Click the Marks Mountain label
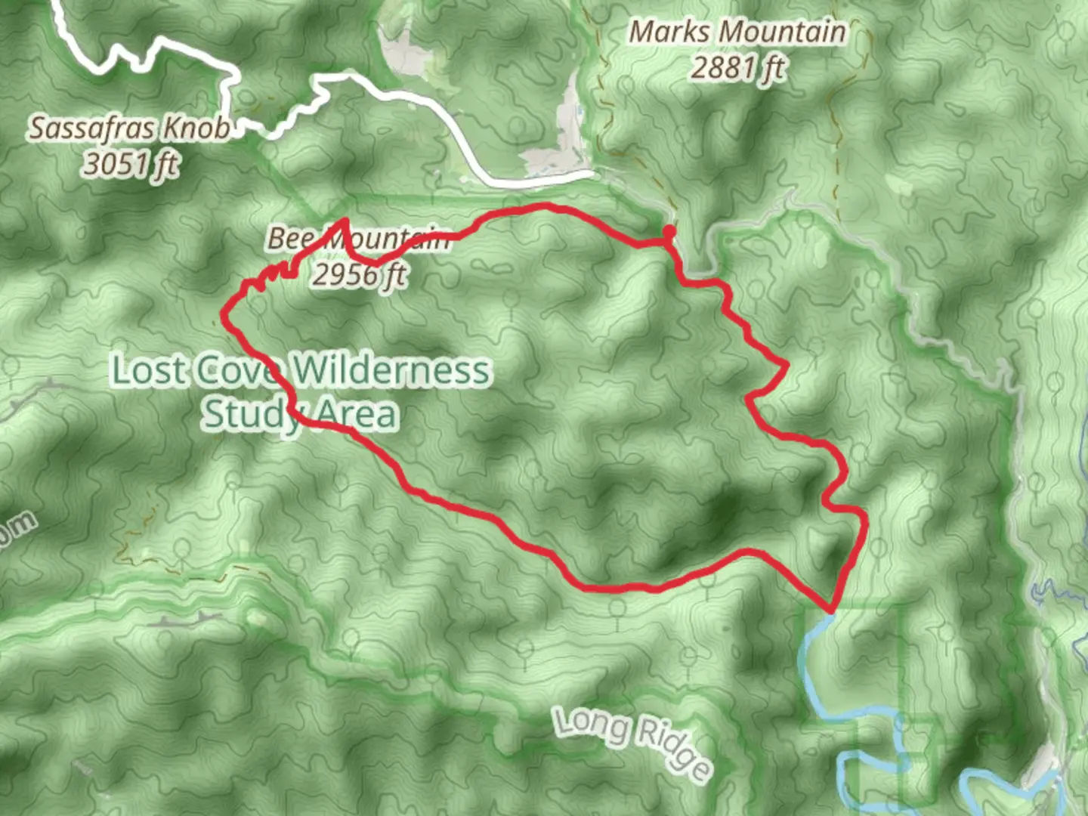pos(737,32)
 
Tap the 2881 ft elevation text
pos(737,68)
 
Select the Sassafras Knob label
pos(129,128)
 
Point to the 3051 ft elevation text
pos(130,163)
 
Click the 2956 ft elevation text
pos(359,274)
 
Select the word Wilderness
pos(391,370)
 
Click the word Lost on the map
pos(148,370)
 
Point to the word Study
pos(251,414)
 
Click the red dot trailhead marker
pos(669,231)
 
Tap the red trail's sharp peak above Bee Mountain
pos(345,221)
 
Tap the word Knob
pos(196,128)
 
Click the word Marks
pos(669,32)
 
